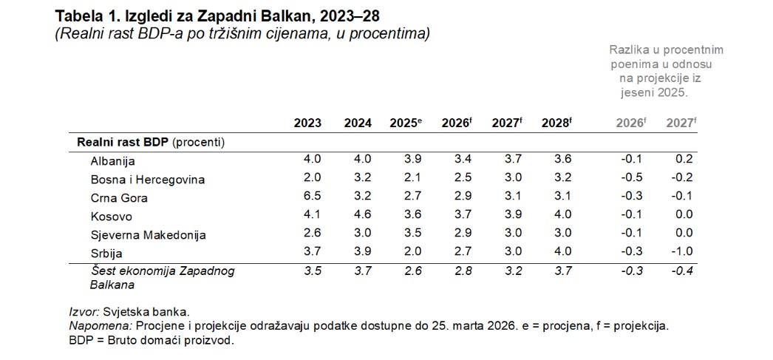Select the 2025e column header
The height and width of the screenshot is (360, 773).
pos(405,123)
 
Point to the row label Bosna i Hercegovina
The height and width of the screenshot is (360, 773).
pos(147,180)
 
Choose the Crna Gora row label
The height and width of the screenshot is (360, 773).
pos(119,198)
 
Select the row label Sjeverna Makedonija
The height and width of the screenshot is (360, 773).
pos(148,235)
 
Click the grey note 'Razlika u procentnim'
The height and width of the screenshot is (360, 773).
pos(666,50)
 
